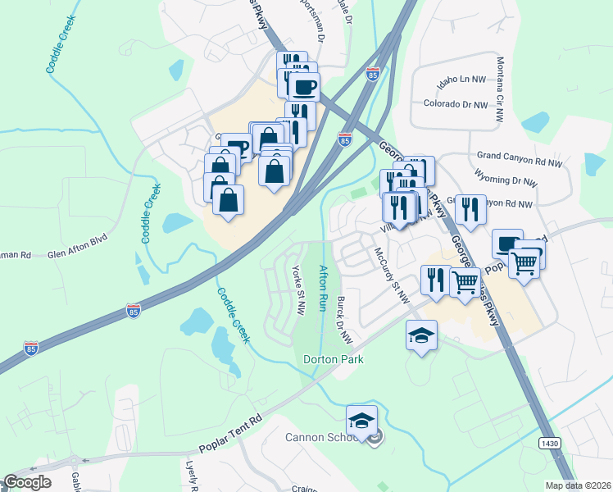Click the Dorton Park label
tap(333, 359)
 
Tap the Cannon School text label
tap(320, 436)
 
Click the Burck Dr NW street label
tap(343, 321)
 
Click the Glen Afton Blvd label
tap(78, 254)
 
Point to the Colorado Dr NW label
tap(455, 104)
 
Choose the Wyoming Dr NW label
tap(506, 180)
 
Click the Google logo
tap(27, 482)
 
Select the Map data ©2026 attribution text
tap(578, 485)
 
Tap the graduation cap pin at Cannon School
tap(361, 421)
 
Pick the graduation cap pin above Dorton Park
tap(422, 335)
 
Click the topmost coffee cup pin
tap(304, 86)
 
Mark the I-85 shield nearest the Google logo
tap(30, 347)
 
